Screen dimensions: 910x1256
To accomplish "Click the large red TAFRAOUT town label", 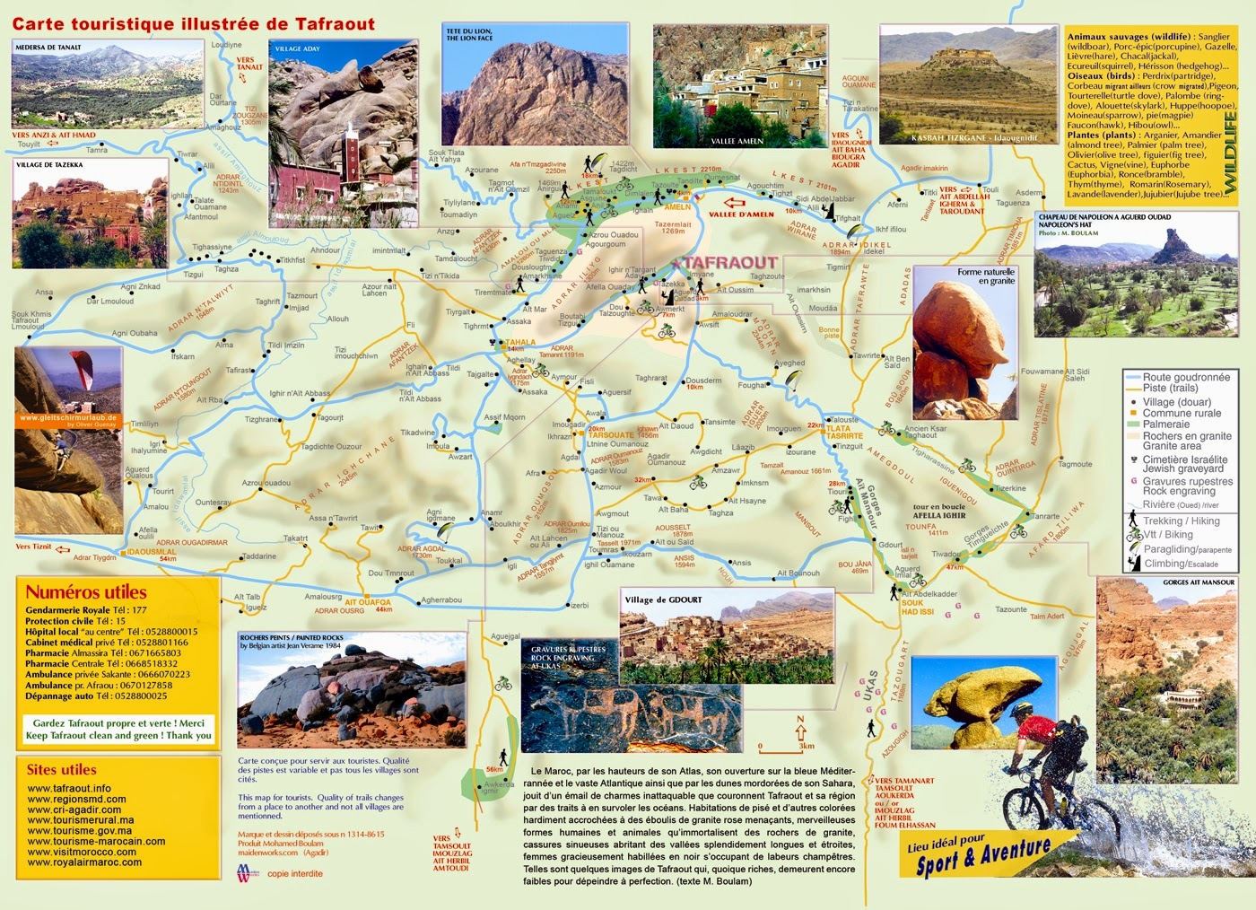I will [729, 262].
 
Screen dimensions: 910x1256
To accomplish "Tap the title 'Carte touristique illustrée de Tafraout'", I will [194, 24].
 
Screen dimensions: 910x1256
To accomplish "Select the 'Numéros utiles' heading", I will [86, 592].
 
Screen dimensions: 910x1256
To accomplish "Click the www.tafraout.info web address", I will [69, 789].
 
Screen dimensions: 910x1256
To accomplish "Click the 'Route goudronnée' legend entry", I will [1186, 378].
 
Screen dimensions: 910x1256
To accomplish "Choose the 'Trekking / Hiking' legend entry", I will [1181, 521].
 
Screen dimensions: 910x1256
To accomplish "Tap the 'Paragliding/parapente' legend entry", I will [1186, 549].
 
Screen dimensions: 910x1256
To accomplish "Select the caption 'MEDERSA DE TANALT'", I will [48, 48].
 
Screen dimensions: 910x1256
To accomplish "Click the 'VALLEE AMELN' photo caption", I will [737, 141].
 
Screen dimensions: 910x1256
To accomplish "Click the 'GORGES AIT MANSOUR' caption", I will [1199, 582].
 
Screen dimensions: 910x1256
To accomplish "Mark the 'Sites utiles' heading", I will [61, 770].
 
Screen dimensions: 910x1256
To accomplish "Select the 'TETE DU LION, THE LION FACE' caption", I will [469, 35].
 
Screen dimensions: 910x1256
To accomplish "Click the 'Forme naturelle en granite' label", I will [986, 276].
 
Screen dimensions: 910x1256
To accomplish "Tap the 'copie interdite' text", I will [294, 873].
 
